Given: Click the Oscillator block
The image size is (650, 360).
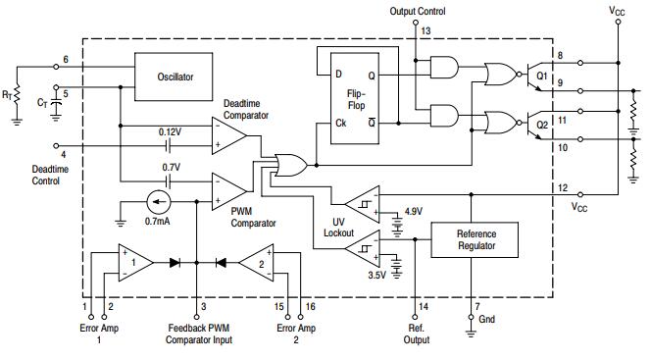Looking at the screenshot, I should (175, 77).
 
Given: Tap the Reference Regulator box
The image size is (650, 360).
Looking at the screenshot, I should (475, 240).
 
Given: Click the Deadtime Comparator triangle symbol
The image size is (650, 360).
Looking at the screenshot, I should (228, 135).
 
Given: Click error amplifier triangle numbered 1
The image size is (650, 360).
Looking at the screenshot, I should (134, 262).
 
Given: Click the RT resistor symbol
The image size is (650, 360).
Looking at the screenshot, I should (15, 95).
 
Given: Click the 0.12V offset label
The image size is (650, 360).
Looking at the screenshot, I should (170, 130).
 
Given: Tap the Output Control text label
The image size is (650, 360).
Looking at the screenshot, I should (417, 12).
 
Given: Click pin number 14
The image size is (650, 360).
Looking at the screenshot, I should (424, 307).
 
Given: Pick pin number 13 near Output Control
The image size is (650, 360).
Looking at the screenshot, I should (425, 31).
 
